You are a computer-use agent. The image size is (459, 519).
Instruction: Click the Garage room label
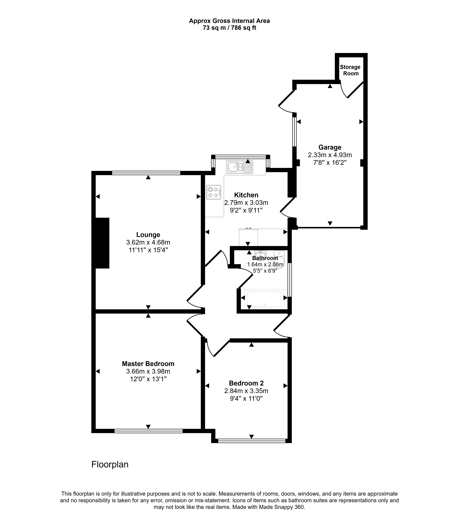[330, 147]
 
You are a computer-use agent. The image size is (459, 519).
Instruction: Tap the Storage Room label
[350, 70]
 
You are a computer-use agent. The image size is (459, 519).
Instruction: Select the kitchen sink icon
[239, 167]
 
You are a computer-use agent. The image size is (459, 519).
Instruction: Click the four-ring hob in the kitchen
[213, 192]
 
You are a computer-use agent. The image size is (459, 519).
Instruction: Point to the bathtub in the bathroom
[264, 299]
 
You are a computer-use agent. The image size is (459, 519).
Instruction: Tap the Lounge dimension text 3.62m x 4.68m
[148, 242]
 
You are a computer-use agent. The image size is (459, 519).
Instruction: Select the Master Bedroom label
[148, 364]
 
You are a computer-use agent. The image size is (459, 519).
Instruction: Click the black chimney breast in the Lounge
[102, 243]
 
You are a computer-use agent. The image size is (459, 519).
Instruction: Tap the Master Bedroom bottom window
[148, 431]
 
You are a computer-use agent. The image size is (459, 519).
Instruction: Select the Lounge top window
[146, 173]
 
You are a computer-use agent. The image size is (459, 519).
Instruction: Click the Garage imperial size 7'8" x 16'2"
[330, 163]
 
